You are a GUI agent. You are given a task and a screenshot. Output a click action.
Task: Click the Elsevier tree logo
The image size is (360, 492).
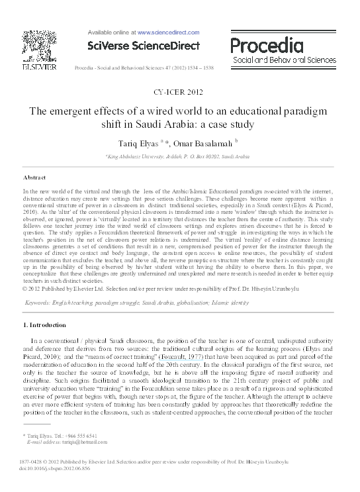click(x=34, y=46)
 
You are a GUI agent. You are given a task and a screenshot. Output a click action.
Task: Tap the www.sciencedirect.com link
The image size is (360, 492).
click(x=168, y=31)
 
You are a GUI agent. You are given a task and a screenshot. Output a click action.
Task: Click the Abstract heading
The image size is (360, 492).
click(x=34, y=178)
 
